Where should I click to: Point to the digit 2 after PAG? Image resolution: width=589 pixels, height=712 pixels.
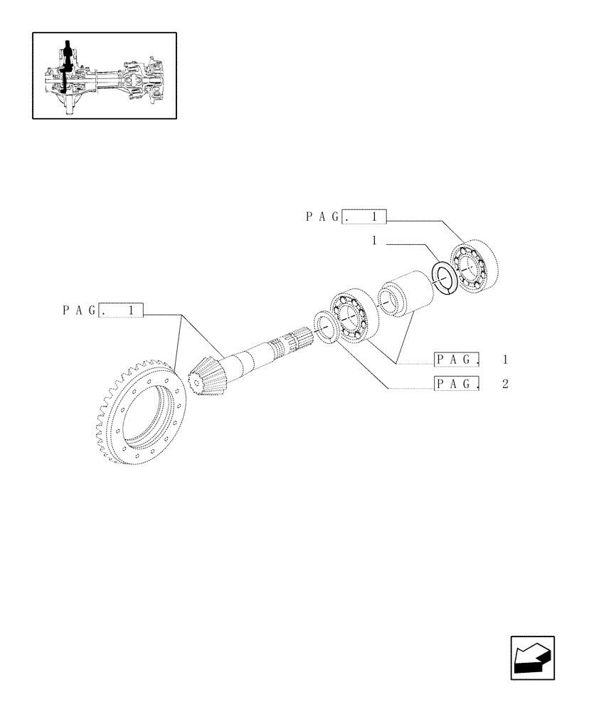504,384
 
